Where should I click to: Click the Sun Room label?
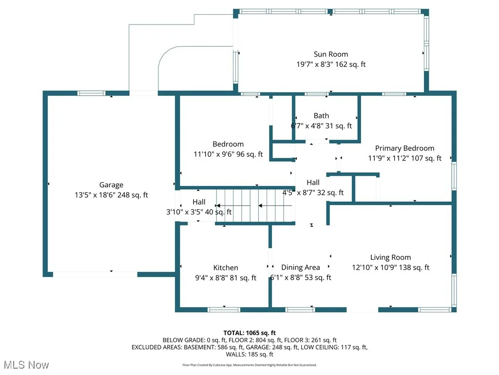330,54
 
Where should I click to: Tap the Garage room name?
111,185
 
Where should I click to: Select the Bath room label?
321,116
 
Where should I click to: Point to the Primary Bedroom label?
404,148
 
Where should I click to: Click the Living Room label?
390,257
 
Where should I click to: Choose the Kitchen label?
226,268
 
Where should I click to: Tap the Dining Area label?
301,268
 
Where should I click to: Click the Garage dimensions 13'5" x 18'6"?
96,195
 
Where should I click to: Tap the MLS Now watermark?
25,365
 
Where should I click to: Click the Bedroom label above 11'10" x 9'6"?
228,144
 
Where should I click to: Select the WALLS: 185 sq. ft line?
249,354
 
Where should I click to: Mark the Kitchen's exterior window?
224,309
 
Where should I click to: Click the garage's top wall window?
92,93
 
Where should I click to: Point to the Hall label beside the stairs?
199,202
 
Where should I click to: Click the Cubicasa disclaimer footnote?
249,365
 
